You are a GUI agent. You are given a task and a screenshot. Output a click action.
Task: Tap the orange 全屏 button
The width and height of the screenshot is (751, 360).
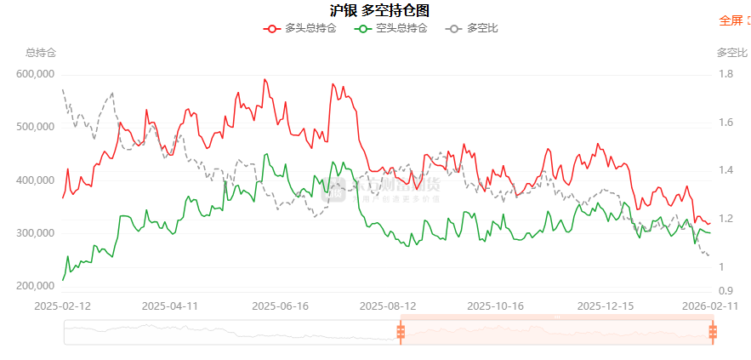pos(731,20)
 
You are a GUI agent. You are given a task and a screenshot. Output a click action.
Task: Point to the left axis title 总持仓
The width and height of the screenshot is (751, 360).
pos(41,53)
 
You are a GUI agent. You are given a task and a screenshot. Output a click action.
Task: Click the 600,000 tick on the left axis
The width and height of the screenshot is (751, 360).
pos(36,74)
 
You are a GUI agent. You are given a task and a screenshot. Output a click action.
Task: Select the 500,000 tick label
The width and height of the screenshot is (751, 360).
pos(36,127)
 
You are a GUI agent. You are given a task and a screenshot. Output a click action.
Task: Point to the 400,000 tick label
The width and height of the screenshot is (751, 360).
pos(36,180)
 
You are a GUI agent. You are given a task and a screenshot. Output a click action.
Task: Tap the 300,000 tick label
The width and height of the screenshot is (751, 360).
pos(36,233)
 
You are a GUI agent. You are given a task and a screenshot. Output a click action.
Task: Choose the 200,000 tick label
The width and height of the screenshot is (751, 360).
pos(36,287)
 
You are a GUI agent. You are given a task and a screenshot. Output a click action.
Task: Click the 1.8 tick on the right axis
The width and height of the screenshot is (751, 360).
pos(725,74)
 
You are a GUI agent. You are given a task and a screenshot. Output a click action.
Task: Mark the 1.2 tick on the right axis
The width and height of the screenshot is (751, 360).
pos(725,219)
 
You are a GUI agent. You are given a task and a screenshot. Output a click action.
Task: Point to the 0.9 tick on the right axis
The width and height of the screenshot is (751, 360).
pos(725,291)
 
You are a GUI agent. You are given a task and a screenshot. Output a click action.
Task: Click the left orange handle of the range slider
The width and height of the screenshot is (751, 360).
pos(400,332)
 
